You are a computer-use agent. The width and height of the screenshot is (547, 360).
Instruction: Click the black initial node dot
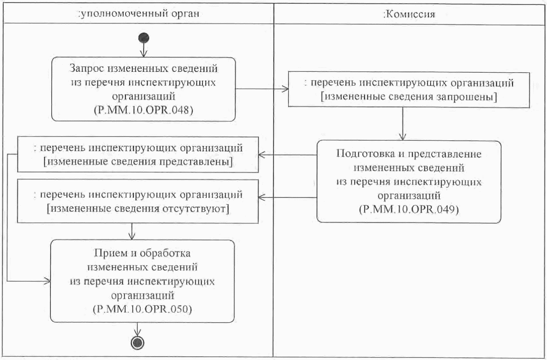[x=144, y=38]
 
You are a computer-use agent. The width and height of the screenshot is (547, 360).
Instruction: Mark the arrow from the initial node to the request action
[x=144, y=50]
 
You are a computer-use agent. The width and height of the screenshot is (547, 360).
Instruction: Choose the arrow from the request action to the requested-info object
[x=262, y=89]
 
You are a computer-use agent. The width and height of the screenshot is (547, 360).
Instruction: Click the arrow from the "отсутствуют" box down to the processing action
[x=133, y=231]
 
